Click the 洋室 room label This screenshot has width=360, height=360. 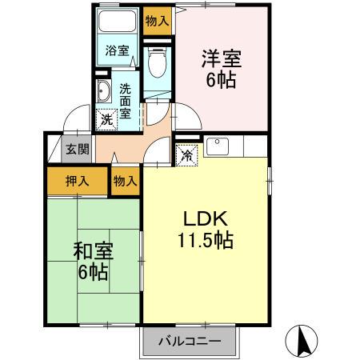(221, 58)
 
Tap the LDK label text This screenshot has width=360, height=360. (209, 218)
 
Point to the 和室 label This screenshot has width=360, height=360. (94, 250)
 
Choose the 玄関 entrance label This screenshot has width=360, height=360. (77, 149)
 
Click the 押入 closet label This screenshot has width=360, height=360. (77, 182)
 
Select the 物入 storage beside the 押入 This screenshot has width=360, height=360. (125, 182)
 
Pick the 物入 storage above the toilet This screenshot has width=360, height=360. (158, 22)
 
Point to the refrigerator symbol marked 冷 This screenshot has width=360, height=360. (186, 154)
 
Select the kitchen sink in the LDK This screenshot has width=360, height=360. (218, 147)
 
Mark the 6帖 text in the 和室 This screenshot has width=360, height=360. (94, 272)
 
